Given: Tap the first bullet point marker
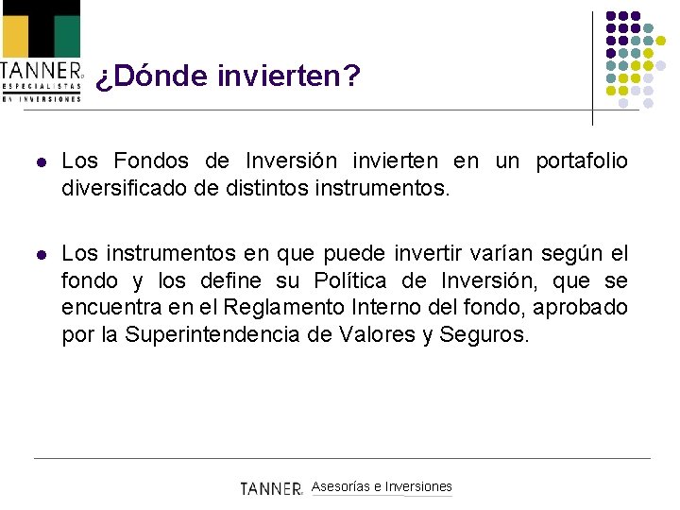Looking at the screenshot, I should (x=39, y=162).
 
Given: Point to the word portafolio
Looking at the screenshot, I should (x=581, y=161).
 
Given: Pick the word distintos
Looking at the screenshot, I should (x=258, y=188).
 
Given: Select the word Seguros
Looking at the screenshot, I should (x=484, y=333).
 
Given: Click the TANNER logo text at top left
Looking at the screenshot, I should (x=41, y=70).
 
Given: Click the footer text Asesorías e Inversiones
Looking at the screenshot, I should (x=382, y=486).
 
